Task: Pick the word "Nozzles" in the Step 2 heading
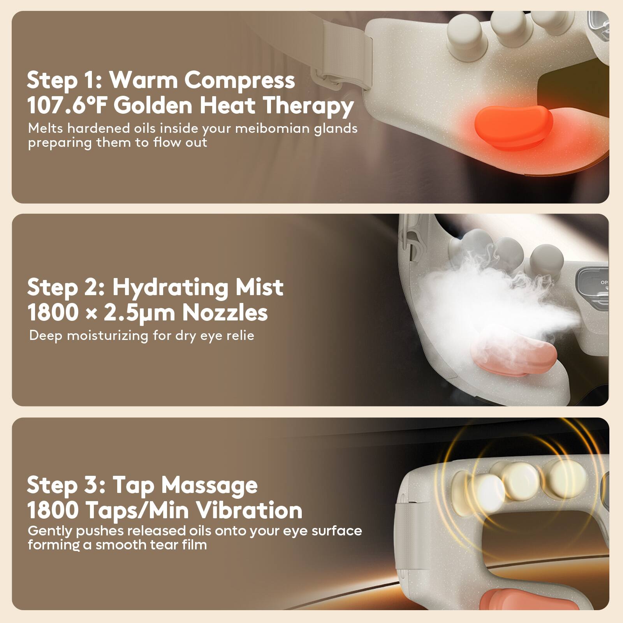click(225, 312)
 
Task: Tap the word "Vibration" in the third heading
click(249, 510)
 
